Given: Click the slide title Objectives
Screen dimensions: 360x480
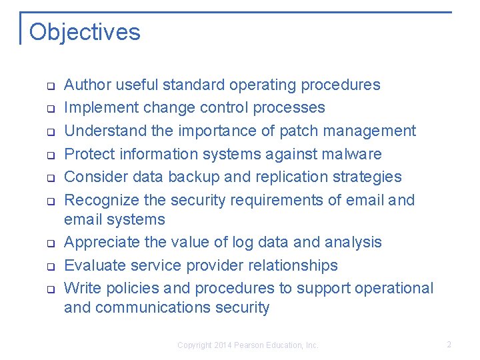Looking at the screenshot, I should (85, 32).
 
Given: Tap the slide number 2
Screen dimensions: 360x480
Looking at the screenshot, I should (449, 345).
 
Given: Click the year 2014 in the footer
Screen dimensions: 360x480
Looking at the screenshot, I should (222, 345).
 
